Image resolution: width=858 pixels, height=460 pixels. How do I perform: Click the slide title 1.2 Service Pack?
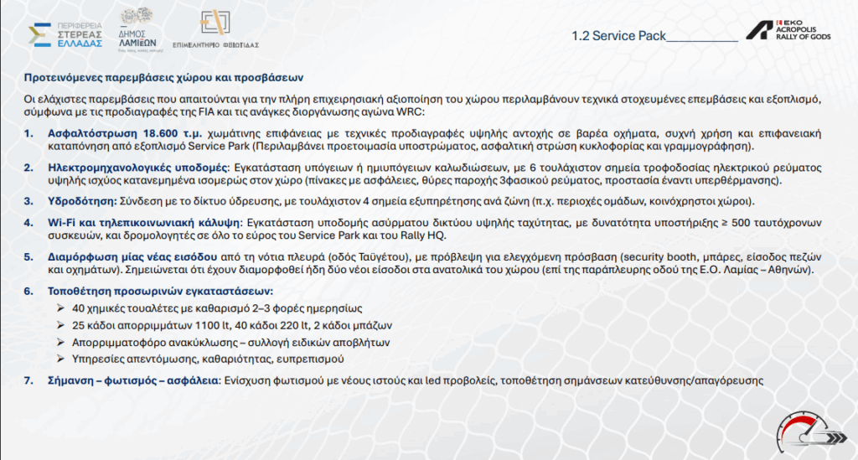pos(618,36)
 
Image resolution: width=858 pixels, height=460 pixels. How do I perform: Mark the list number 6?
pos(28,290)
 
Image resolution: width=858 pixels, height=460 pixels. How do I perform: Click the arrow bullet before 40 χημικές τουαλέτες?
pos(62,309)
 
